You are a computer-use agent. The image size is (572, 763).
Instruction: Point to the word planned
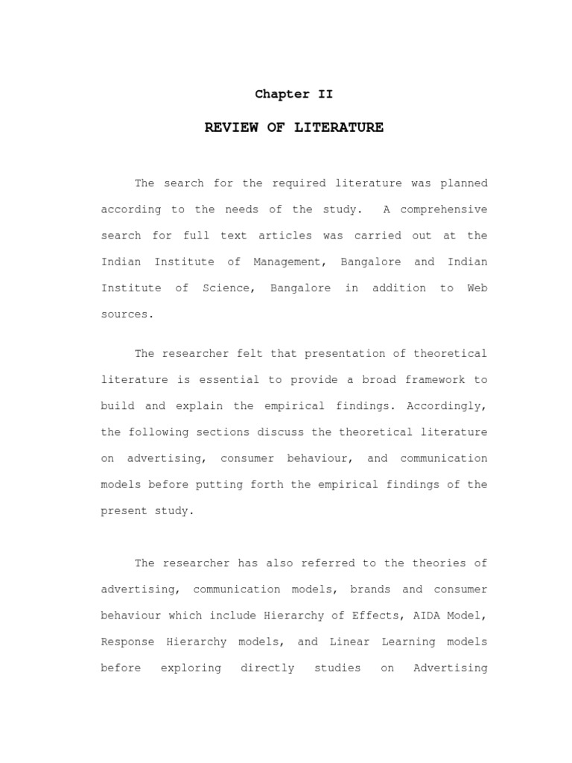(x=464, y=183)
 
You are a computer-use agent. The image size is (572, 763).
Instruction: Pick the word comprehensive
(x=435, y=209)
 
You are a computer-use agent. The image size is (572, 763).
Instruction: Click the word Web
(x=477, y=288)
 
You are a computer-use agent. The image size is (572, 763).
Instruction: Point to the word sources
(x=127, y=314)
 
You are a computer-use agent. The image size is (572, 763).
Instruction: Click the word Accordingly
(x=448, y=405)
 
